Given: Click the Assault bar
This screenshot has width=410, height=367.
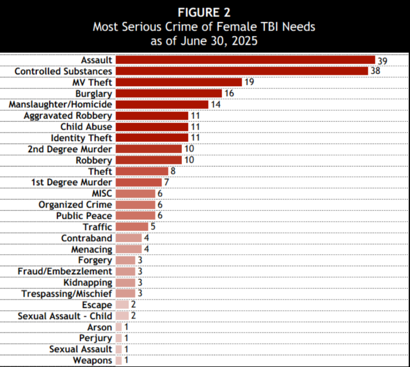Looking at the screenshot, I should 245,60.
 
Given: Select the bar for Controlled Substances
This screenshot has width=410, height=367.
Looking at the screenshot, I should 242,71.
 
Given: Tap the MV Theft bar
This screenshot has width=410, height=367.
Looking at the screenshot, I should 179,82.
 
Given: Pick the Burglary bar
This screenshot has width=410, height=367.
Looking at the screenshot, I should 168,93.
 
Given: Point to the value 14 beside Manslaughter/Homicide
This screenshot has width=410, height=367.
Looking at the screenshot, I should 216,105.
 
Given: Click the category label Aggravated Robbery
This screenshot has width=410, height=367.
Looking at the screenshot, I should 68,115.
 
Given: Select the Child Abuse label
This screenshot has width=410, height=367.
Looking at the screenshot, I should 86,127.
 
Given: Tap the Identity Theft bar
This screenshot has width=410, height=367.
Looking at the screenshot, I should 152,138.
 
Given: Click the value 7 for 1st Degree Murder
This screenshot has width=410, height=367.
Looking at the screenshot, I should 167,183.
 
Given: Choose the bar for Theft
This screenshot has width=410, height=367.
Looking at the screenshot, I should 142,171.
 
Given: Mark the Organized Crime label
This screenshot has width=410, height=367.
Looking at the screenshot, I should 76,205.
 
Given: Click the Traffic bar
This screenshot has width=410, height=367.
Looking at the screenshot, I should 132,227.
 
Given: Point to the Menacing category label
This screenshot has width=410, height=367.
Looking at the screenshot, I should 92,250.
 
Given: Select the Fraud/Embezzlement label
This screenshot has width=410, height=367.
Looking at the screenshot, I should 65,272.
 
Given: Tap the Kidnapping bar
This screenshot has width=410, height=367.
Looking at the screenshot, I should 125,283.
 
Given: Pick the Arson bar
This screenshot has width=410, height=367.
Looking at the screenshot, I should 118,327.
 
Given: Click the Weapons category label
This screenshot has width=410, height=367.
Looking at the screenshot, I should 93,361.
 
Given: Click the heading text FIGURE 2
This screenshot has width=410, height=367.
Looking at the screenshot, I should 204,12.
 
